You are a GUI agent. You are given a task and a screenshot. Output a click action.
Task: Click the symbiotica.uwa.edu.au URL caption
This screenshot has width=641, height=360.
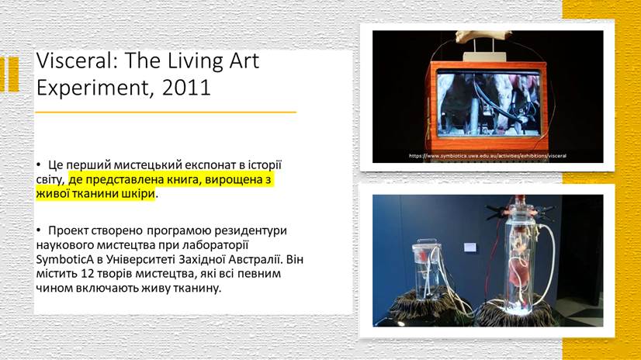(487, 156)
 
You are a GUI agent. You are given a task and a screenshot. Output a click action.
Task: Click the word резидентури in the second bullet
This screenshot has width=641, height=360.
(252, 231)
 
